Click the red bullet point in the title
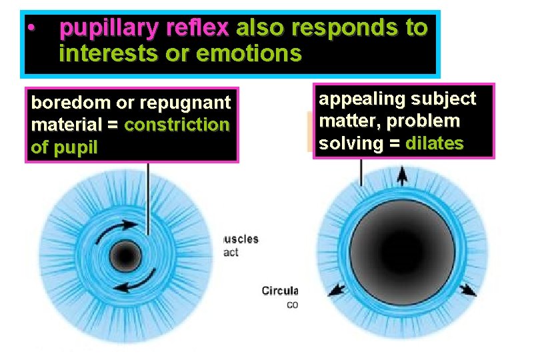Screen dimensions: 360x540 point(31,29)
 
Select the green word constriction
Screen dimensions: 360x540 point(176,125)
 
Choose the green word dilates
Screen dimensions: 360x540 point(434,143)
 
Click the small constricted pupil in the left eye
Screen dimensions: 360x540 point(123,255)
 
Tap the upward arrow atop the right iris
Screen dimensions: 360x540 point(403,175)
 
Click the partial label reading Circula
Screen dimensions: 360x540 point(279,291)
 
